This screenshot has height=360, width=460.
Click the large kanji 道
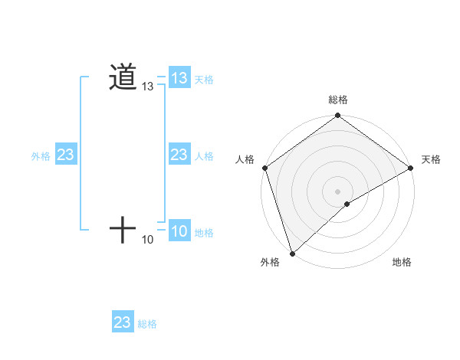coord(123,77)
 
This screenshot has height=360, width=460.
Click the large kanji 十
coord(123,229)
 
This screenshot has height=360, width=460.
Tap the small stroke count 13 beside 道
coord(148,88)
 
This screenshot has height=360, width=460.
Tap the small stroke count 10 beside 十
coord(148,241)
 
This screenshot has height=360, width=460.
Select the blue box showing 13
coord(179,78)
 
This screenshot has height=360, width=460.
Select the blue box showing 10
coord(179,231)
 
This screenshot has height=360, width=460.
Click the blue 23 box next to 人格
coord(179,155)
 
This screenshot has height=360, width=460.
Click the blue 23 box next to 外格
coord(66,155)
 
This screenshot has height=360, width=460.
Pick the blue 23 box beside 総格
coord(123,322)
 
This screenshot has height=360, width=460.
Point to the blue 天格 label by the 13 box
coord(204,79)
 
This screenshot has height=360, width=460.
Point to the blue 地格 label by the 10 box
coord(204,232)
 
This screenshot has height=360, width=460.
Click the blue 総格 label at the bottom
coord(147,324)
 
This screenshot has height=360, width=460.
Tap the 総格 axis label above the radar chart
coord(338,100)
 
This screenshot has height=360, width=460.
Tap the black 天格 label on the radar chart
coord(432,159)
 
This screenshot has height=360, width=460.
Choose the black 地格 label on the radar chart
coord(402,263)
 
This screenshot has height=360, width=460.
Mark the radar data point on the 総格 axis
coord(338,116)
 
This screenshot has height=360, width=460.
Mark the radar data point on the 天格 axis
coord(411,168)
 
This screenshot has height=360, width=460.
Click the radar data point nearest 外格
coord(292,253)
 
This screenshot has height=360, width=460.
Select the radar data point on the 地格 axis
coord(347,204)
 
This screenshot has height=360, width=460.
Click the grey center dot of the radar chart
coord(338,191)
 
